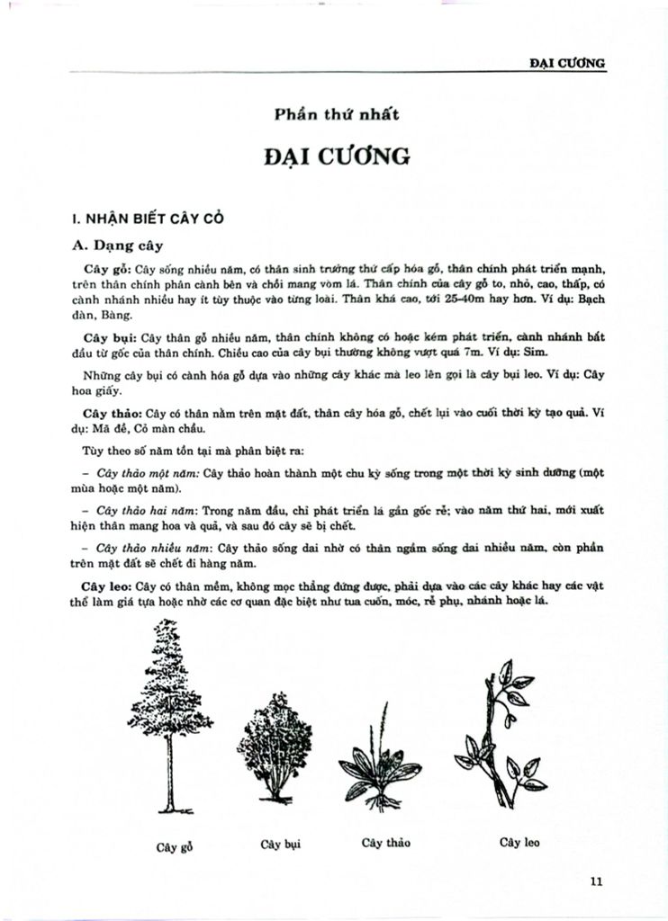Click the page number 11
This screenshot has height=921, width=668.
[x=595, y=881]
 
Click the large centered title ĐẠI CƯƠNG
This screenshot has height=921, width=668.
[x=337, y=157]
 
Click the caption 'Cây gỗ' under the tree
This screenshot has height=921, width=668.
[x=175, y=846]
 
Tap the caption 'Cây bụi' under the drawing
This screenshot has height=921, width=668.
[x=280, y=844]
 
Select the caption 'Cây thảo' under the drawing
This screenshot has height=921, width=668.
[x=385, y=843]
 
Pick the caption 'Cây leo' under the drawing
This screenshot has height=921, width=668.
[x=519, y=842]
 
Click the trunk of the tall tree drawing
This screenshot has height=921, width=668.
[x=165, y=773]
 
